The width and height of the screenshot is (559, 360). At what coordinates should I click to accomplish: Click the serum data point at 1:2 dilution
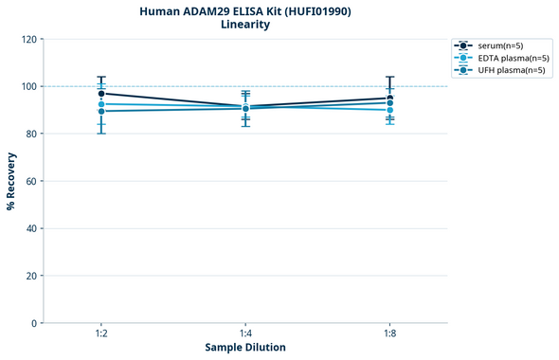pyautogui.click(x=101, y=94)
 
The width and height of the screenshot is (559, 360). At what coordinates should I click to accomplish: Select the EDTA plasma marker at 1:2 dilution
pyautogui.click(x=101, y=104)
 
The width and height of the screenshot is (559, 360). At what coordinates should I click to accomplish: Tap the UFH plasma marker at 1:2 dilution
pyautogui.click(x=101, y=111)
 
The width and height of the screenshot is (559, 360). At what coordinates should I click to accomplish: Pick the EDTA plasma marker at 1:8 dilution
pyautogui.click(x=389, y=110)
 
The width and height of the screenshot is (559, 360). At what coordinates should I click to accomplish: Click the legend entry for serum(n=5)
pyautogui.click(x=502, y=45)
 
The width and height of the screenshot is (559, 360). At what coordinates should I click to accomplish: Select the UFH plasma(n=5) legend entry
pyautogui.click(x=512, y=70)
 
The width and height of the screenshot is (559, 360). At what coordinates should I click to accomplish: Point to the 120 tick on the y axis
pyautogui.click(x=28, y=39)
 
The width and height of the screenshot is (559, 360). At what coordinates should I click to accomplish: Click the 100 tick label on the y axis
pyautogui.click(x=28, y=86)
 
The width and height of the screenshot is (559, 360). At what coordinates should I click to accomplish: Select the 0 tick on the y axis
pyautogui.click(x=34, y=323)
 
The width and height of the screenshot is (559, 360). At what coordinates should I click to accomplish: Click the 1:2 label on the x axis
pyautogui.click(x=101, y=334)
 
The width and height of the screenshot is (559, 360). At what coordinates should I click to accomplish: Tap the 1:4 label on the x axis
pyautogui.click(x=245, y=334)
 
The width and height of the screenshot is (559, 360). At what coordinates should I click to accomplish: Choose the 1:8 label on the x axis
pyautogui.click(x=389, y=334)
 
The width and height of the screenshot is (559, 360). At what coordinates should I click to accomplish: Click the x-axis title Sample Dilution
pyautogui.click(x=245, y=348)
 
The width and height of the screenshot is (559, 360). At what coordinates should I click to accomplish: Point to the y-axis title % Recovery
pyautogui.click(x=11, y=180)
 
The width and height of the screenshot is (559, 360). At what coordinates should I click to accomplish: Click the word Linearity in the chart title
pyautogui.click(x=244, y=25)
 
